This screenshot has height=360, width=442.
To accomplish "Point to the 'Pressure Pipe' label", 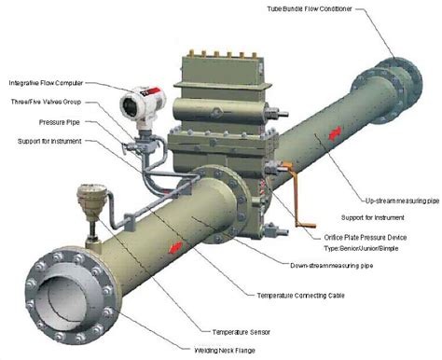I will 62,122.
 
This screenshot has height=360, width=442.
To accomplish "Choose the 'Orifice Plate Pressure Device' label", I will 354,237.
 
